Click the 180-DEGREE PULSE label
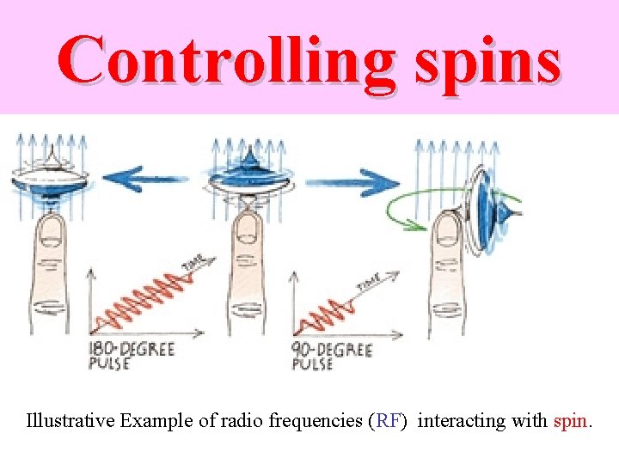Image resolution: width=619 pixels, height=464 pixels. tap(131, 356)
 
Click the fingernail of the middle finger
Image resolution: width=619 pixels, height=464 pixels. tap(249, 227)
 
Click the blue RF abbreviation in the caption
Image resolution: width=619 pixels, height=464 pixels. tap(386, 421)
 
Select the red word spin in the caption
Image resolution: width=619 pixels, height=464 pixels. tap(570, 421)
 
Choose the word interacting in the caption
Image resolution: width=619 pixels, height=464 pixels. tap(463, 421)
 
